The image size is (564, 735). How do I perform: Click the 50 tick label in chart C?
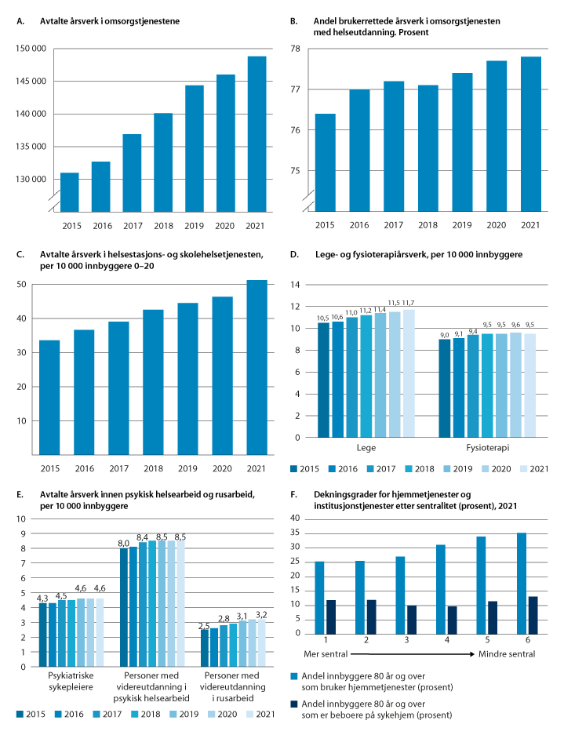coord(23,285)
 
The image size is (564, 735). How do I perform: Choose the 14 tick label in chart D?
coord(296,285)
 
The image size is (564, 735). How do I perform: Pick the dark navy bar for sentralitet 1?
coord(331,617)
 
